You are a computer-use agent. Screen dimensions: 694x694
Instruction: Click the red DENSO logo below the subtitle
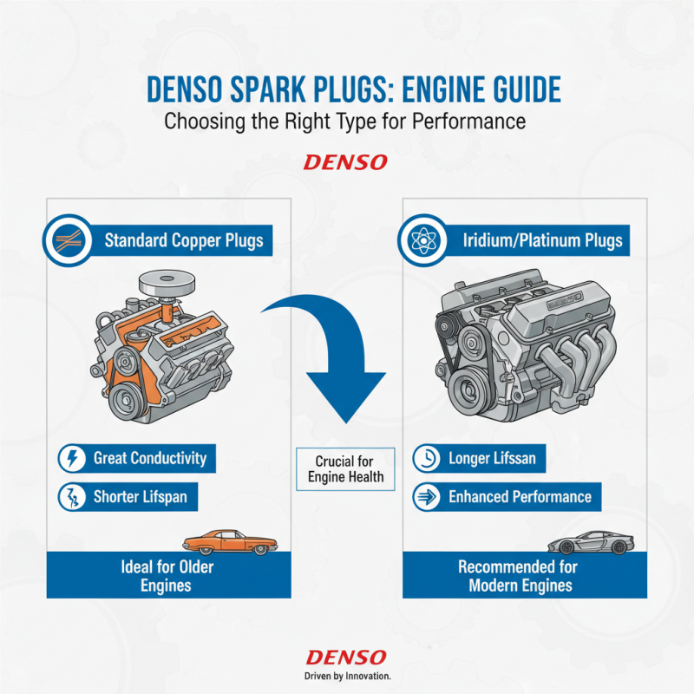pos(346,162)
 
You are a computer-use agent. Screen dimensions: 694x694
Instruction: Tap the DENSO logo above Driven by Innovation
pos(346,658)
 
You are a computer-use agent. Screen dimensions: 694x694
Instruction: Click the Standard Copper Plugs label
pos(183,239)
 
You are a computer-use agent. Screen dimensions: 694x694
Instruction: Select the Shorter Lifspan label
pos(141,497)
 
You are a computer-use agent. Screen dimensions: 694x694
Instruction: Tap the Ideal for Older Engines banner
pos(168,575)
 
